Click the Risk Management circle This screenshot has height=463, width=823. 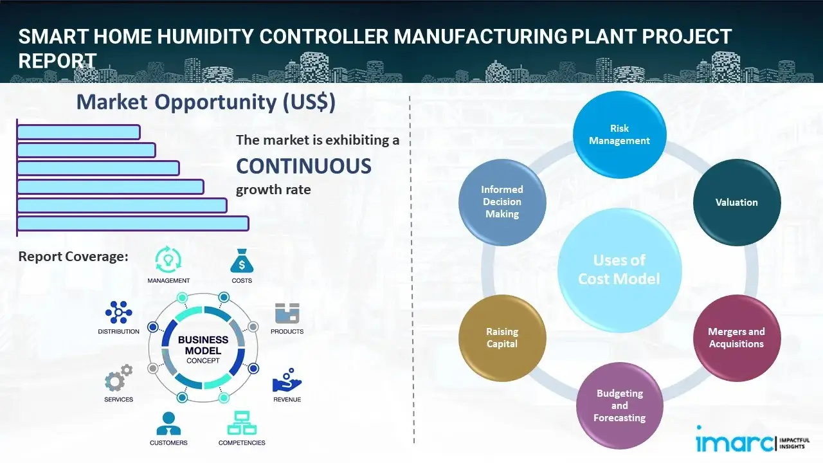pyautogui.click(x=620, y=135)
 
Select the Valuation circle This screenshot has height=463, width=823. pyautogui.click(x=736, y=203)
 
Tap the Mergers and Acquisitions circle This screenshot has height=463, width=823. pyautogui.click(x=736, y=338)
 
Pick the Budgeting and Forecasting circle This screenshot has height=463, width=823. pyautogui.click(x=619, y=406)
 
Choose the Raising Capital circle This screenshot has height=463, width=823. pyautogui.click(x=502, y=338)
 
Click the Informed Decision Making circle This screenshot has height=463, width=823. pyautogui.click(x=502, y=202)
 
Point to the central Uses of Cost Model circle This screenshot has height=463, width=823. pyautogui.click(x=619, y=269)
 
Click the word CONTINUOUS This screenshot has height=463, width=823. pyautogui.click(x=303, y=167)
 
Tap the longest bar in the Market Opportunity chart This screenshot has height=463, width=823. pyautogui.click(x=132, y=223)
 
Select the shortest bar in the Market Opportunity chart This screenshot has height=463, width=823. pyautogui.click(x=78, y=132)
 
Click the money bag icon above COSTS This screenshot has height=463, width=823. pyautogui.click(x=241, y=261)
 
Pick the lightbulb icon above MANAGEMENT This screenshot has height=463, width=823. pyautogui.click(x=168, y=260)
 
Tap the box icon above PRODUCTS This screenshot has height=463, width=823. pyautogui.click(x=287, y=313)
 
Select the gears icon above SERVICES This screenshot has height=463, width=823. pyautogui.click(x=118, y=379)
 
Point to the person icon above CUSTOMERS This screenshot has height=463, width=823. pyautogui.click(x=168, y=423)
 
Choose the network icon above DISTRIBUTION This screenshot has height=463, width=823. pyautogui.click(x=118, y=313)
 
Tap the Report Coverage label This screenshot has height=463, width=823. pyautogui.click(x=73, y=257)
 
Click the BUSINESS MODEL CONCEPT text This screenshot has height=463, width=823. pyautogui.click(x=203, y=350)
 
